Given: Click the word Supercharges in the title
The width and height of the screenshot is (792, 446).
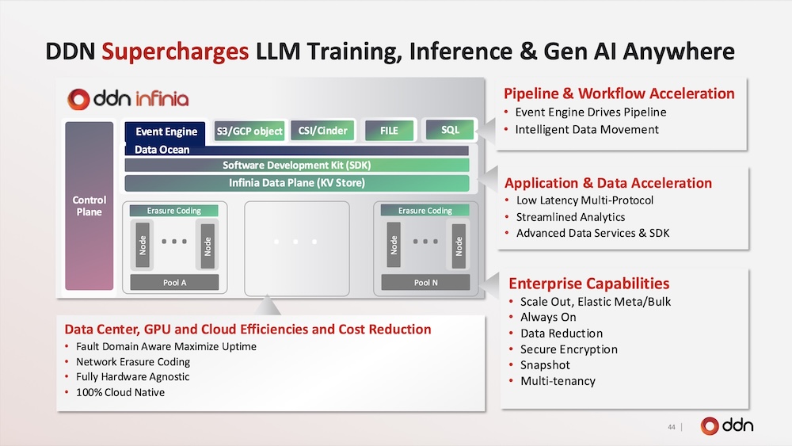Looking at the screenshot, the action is pyautogui.click(x=175, y=51).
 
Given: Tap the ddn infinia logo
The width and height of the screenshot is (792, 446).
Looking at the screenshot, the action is pyautogui.click(x=128, y=98).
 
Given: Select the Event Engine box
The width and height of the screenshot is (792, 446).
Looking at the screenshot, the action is pyautogui.click(x=166, y=132).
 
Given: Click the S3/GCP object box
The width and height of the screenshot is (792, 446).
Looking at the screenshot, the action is pyautogui.click(x=249, y=131).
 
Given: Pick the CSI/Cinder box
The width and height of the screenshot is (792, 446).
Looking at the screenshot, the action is pyautogui.click(x=323, y=131).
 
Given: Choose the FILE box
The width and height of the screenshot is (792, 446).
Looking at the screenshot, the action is pyautogui.click(x=389, y=131).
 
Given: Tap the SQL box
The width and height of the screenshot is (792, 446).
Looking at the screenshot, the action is pyautogui.click(x=450, y=130).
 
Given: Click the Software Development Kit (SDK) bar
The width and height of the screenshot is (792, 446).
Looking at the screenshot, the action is pyautogui.click(x=297, y=165).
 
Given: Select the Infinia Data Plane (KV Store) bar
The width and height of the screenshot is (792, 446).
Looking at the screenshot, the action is pyautogui.click(x=297, y=183).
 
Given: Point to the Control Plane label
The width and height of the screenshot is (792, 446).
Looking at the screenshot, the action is pyautogui.click(x=89, y=206).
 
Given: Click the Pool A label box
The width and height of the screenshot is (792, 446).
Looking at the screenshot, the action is pyautogui.click(x=174, y=282).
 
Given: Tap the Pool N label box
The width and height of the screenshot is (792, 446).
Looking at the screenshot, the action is pyautogui.click(x=425, y=282).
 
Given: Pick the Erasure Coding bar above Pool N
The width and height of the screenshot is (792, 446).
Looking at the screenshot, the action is pyautogui.click(x=425, y=211).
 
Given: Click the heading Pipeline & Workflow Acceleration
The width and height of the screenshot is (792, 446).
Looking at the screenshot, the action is pyautogui.click(x=619, y=93).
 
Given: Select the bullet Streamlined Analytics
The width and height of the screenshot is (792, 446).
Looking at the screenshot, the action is pyautogui.click(x=570, y=217).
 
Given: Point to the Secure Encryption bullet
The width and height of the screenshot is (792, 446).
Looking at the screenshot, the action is pyautogui.click(x=569, y=349).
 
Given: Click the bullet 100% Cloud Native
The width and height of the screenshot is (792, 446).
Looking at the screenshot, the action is pyautogui.click(x=120, y=392).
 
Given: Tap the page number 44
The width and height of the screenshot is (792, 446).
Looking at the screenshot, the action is pyautogui.click(x=672, y=427).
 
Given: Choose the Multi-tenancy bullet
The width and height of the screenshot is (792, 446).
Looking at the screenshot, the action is pyautogui.click(x=558, y=381).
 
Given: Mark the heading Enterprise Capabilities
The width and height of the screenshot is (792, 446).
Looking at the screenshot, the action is pyautogui.click(x=589, y=284).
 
